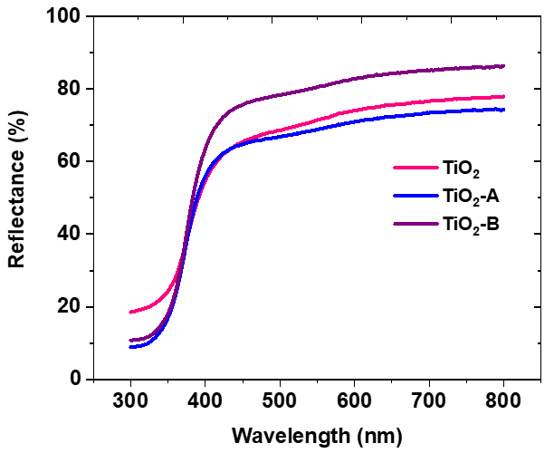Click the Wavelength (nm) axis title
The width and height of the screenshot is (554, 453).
[317, 436]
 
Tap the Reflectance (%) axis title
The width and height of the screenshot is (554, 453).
[16, 198]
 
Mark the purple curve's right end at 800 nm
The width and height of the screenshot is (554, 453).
[503, 66]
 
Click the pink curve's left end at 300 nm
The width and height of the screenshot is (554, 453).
[131, 312]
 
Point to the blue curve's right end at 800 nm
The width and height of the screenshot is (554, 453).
[503, 110]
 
